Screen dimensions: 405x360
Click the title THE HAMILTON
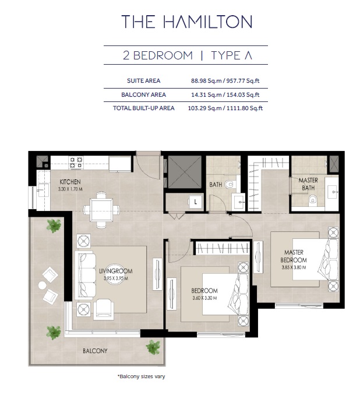186,22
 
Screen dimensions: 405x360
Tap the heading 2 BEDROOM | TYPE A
186,56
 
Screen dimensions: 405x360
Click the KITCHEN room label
61,182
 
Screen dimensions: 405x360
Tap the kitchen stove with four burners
76,162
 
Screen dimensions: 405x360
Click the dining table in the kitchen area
101,210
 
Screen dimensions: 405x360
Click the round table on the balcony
42,285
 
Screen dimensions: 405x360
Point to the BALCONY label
95,351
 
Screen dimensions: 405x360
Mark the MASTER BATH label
308,184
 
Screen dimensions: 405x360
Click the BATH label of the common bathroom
216,185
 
